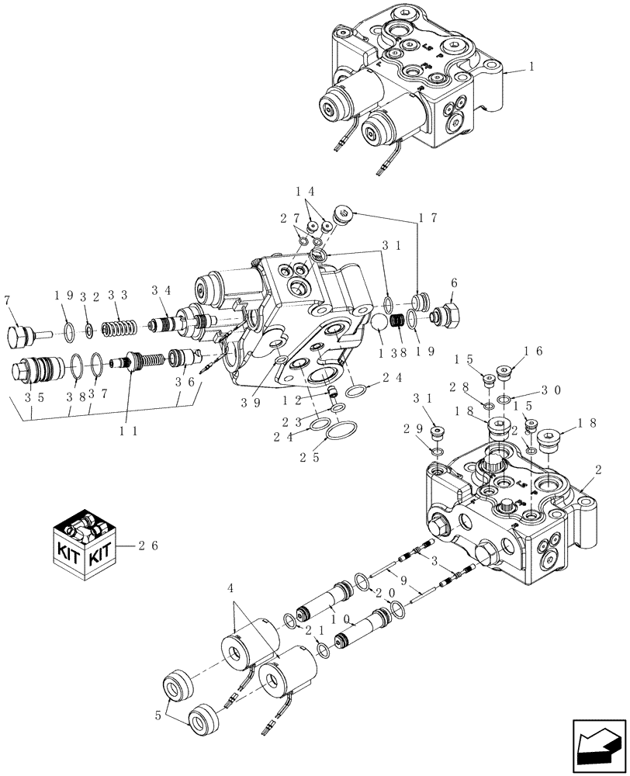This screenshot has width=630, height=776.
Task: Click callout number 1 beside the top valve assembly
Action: (x=531, y=68)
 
